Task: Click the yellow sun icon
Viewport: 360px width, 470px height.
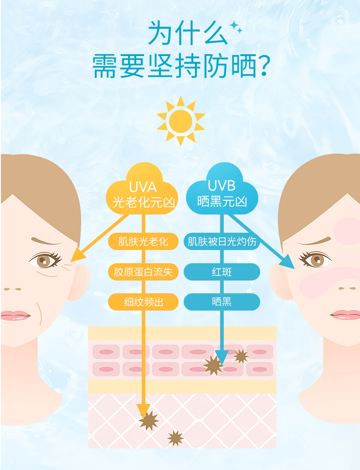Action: pos(180,121)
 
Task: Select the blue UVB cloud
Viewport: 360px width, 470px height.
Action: pos(222,190)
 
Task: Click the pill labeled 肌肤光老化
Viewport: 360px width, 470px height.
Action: pos(143,241)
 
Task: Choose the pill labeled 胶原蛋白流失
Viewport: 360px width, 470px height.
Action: pos(143,272)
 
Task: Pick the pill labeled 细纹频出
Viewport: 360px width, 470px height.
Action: pos(143,302)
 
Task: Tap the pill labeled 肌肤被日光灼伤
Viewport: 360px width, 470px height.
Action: pos(222,241)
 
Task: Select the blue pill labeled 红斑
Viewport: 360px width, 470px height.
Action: pos(222,272)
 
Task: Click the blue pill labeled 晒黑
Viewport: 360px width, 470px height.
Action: pos(222,302)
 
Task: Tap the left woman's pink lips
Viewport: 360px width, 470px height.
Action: pos(15,316)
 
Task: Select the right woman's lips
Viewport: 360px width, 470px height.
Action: pos(345,315)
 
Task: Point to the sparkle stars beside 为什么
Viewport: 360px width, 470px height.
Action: pos(236,27)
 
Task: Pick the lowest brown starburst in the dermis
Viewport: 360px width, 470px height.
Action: pos(175,438)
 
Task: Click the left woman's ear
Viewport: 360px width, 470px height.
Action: pos(79,282)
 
